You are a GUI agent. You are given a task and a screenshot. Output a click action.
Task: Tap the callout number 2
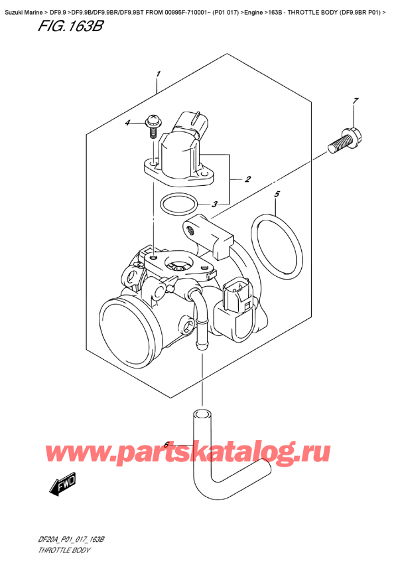(x=247, y=179)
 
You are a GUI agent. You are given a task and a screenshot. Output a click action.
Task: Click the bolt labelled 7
(x=344, y=141)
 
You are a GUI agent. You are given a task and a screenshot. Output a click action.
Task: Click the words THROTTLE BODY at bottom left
(x=62, y=550)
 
